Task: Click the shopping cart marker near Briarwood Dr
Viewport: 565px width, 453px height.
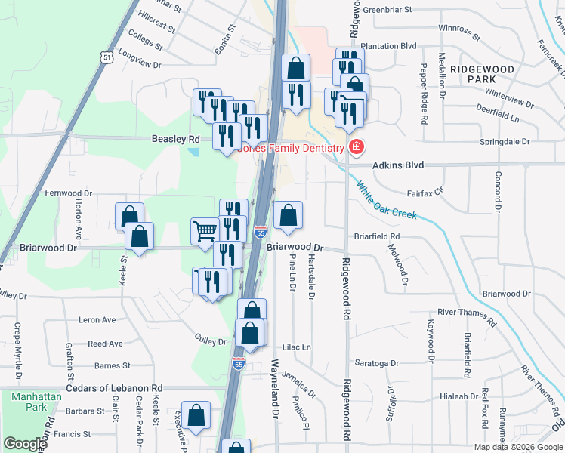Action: coord(204,231)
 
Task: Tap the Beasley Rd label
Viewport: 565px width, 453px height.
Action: coord(175,140)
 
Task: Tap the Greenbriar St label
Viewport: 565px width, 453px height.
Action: coord(387,10)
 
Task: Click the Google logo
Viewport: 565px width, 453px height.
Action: coord(25,444)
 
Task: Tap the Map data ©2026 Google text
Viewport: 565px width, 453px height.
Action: coord(517,447)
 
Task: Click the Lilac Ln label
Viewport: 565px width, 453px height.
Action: coord(297,347)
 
